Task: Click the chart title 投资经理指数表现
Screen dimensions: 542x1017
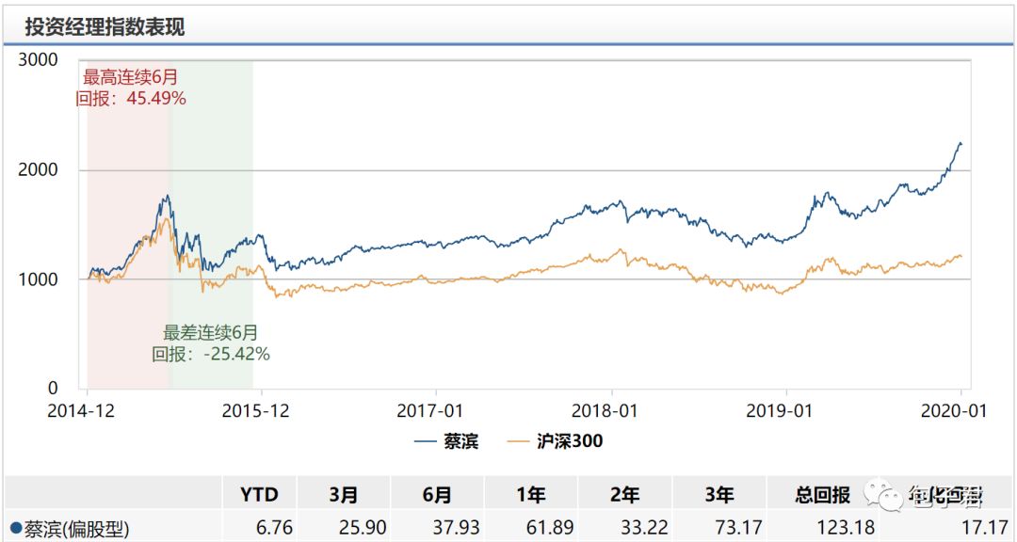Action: pos(105,27)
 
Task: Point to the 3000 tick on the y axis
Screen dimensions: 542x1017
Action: pos(39,60)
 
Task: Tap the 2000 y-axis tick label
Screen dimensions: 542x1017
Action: pos(39,170)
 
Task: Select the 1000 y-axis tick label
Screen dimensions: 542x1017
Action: pos(39,279)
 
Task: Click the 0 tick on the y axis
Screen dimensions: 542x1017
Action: pos(53,388)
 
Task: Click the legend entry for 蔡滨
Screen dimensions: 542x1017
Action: pos(447,440)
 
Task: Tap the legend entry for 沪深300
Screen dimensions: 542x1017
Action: pos(556,440)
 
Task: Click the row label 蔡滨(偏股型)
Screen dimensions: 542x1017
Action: pos(71,528)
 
